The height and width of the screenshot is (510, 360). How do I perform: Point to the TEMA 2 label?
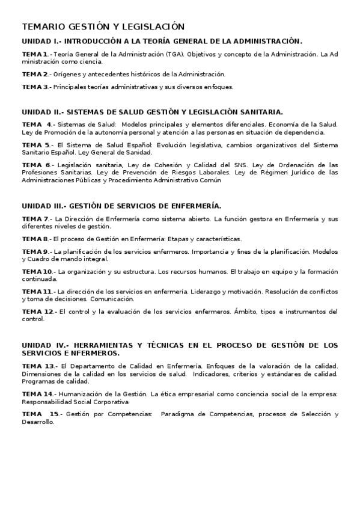(x=35, y=74)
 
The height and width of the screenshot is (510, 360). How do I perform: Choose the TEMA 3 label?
(x=35, y=87)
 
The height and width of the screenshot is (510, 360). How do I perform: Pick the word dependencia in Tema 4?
(x=306, y=132)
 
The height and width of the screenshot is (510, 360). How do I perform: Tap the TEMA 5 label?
(x=36, y=145)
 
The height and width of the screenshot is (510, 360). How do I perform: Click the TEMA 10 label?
(x=37, y=271)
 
